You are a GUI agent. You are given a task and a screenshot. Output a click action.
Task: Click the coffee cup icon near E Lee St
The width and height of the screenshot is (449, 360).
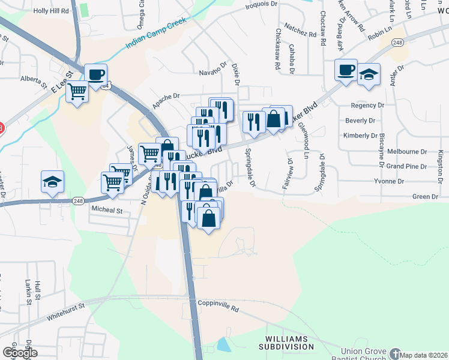tap(96, 74)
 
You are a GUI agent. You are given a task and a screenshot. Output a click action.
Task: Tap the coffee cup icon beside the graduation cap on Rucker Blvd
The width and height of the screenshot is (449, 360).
tap(346, 70)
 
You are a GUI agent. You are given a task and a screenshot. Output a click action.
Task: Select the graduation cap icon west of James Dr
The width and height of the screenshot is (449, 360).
tap(52, 182)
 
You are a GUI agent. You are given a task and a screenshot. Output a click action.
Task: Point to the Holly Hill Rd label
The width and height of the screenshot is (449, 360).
tap(51, 11)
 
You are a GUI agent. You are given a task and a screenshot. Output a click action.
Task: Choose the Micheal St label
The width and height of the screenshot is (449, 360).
tap(107, 211)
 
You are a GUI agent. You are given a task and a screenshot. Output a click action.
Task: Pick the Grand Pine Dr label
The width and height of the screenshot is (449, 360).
tap(406, 166)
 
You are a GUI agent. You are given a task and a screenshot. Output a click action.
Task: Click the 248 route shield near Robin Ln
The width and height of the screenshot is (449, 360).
tap(397, 42)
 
